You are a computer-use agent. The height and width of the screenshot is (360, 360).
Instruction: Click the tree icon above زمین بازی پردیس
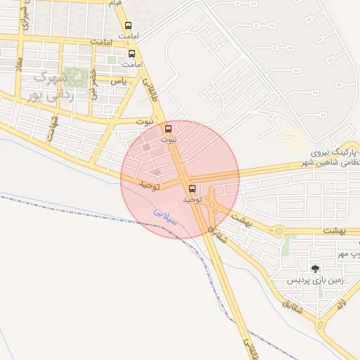[314, 268]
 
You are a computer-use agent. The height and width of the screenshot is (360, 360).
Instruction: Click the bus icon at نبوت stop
[167, 129]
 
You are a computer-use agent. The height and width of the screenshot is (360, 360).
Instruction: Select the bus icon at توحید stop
[192, 188]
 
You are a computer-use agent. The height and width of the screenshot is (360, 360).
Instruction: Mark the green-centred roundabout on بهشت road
[278, 231]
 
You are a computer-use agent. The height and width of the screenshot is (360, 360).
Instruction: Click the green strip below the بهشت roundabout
[287, 245]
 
